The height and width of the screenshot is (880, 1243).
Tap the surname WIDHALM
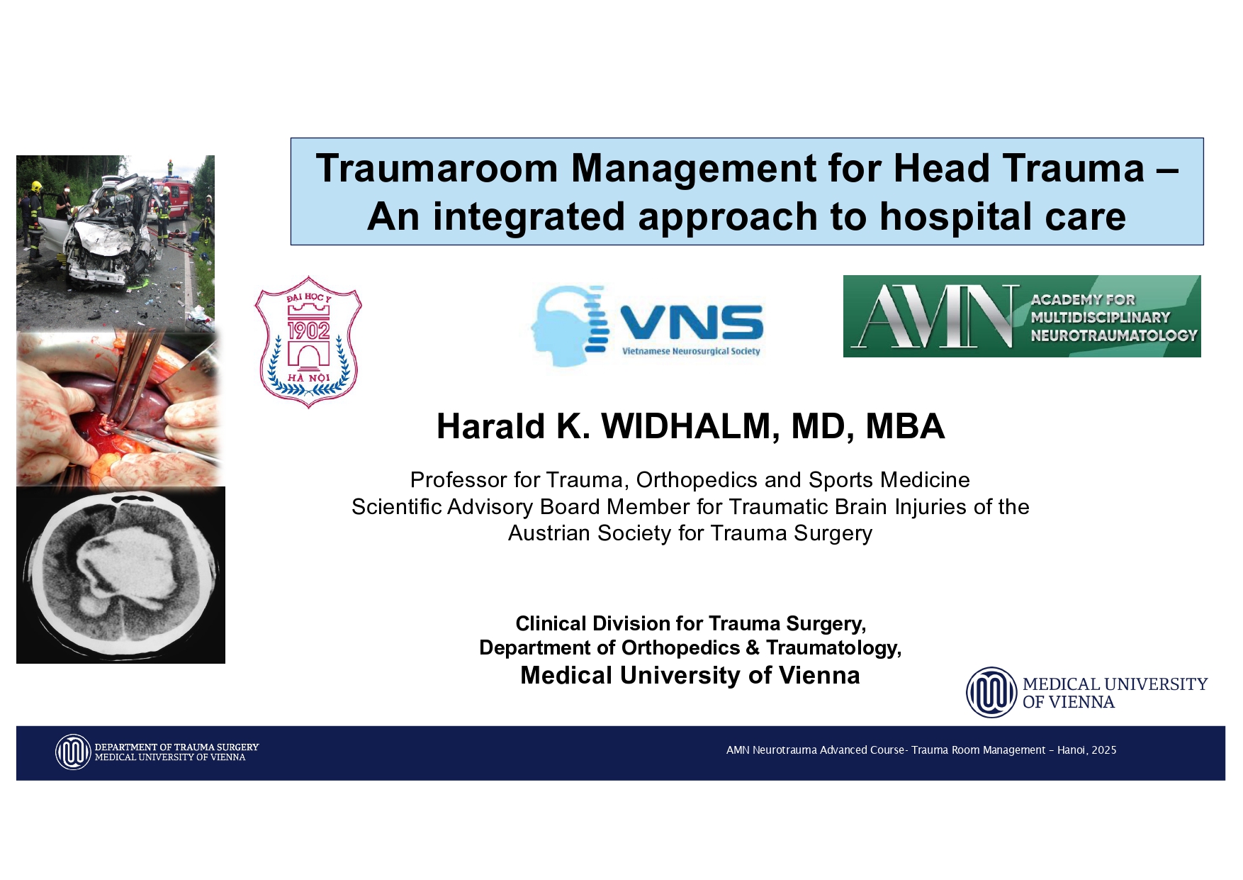[x=686, y=426]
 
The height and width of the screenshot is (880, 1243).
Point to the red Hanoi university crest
[x=308, y=342]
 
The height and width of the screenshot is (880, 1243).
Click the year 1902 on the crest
[x=308, y=330]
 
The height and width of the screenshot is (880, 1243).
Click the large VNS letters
[x=692, y=323]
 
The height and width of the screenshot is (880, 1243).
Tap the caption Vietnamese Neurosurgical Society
[x=691, y=351]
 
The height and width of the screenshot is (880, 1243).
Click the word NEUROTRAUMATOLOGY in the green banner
[x=1114, y=335]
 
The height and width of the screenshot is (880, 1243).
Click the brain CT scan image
[x=120, y=575]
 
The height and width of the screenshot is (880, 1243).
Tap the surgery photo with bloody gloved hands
[x=119, y=409]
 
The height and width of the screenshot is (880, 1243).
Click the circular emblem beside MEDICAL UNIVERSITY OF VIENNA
[x=992, y=693]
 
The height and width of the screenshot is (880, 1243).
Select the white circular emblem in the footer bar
[x=73, y=752]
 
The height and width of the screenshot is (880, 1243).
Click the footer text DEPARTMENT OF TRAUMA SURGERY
[x=177, y=747]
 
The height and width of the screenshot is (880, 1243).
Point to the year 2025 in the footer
[x=1104, y=750]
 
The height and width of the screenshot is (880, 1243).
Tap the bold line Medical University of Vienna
[x=690, y=675]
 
